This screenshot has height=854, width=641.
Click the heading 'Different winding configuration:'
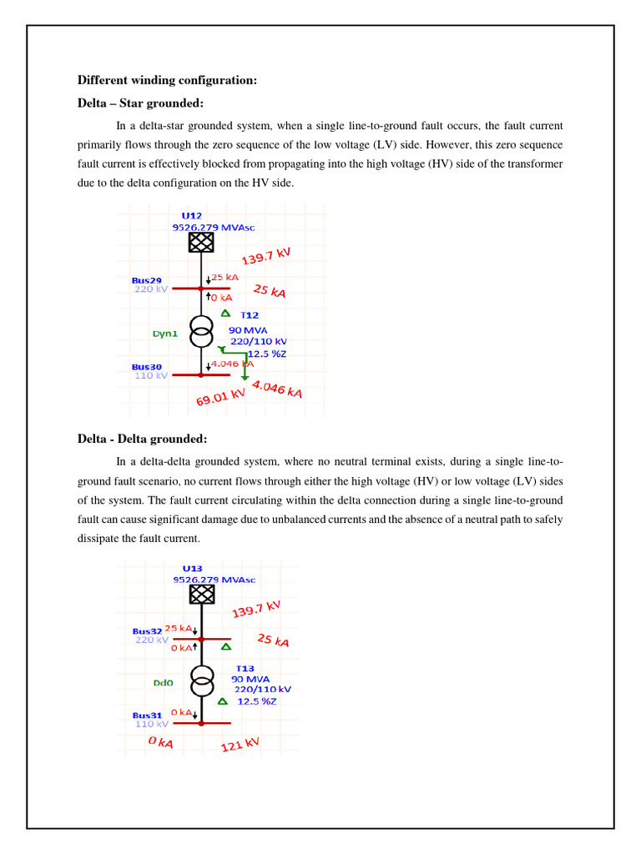tap(167, 80)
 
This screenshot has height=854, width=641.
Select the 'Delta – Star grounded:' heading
tap(140, 103)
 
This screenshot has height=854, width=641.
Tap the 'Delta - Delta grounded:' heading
tap(142, 440)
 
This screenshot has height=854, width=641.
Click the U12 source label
tap(192, 215)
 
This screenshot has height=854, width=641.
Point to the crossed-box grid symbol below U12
tap(201, 242)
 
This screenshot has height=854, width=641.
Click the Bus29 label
tap(147, 280)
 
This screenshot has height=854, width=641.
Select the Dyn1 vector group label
tap(164, 334)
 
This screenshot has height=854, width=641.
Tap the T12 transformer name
tap(250, 315)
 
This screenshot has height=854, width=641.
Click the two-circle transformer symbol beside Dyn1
tap(201, 332)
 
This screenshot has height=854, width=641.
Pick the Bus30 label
tap(147, 367)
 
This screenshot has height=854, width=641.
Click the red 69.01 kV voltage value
tap(221, 394)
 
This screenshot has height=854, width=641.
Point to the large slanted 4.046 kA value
tap(277, 389)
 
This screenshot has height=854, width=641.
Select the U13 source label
tap(194, 568)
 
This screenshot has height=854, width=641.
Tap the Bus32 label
tap(147, 631)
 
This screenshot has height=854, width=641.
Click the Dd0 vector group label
tap(163, 682)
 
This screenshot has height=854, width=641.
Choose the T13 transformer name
tap(245, 669)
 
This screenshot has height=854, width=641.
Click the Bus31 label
tap(147, 716)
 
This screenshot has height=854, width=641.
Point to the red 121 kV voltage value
tap(240, 744)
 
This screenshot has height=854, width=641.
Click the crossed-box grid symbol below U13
tap(201, 594)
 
